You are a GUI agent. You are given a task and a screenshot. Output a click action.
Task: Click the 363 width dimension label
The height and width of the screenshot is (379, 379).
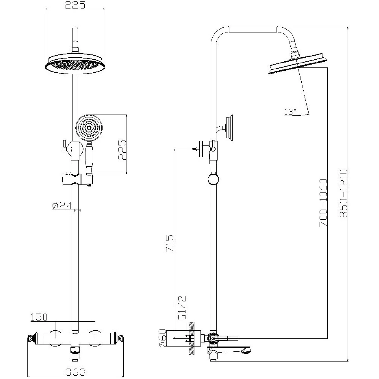75,372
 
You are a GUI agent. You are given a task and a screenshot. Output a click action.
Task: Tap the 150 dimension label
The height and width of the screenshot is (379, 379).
39,317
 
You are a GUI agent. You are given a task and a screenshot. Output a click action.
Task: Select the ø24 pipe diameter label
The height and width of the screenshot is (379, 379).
62,206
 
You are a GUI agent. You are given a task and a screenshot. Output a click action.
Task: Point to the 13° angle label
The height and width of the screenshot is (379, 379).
290,111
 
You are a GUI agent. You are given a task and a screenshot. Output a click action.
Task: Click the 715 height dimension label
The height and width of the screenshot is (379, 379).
170,243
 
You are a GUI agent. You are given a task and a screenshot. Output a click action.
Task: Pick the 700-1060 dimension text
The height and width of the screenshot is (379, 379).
323,203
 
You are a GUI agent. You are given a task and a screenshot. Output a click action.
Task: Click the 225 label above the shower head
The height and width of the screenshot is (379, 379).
75,5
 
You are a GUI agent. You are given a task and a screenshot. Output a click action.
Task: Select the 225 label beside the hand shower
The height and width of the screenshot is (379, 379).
122,150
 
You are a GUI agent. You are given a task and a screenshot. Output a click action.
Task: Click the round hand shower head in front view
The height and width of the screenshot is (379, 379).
89,128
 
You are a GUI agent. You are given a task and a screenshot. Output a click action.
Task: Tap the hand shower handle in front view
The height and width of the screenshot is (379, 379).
89,158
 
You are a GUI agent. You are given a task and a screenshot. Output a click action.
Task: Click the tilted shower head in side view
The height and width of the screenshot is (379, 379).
298,64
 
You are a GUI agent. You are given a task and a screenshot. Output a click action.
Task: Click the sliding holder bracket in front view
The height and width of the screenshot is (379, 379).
77,179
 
